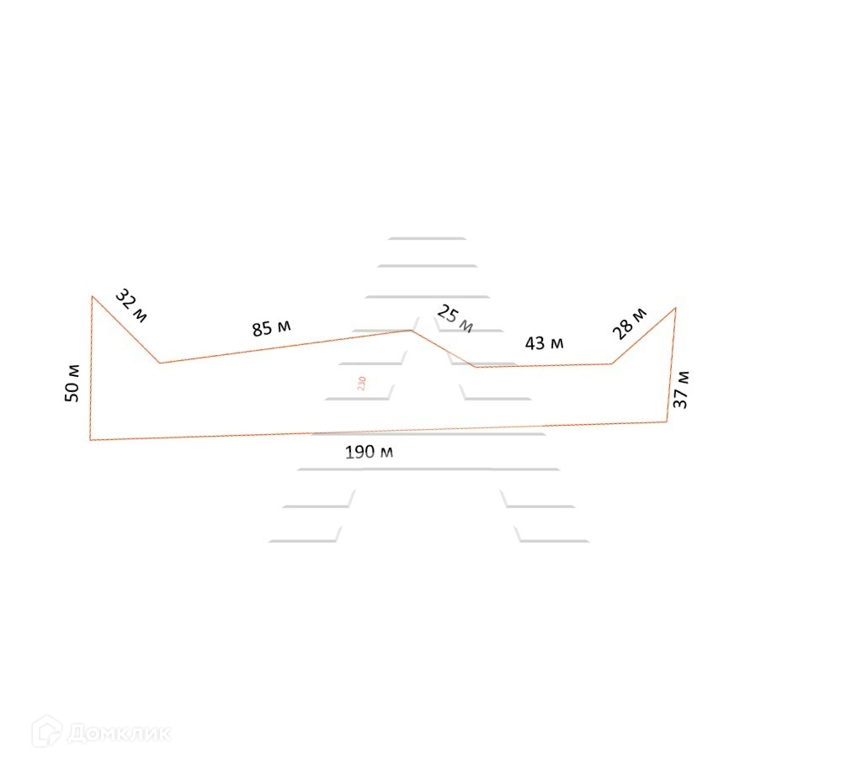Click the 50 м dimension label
(x=72, y=383)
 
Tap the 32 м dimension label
(x=131, y=306)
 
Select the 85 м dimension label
(x=271, y=328)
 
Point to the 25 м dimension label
(x=455, y=320)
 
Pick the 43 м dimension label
(x=545, y=343)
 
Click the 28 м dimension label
(x=630, y=324)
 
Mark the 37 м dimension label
(x=681, y=390)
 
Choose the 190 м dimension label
(x=369, y=452)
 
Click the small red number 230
(x=361, y=384)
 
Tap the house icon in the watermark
(x=46, y=732)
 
